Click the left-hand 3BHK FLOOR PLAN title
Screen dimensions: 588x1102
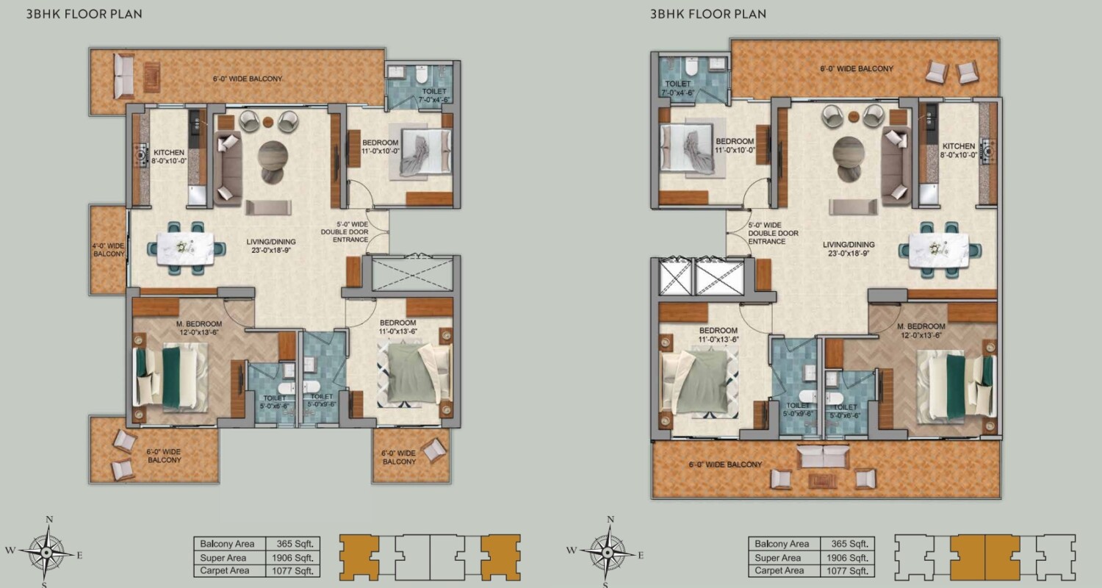coord(84,14)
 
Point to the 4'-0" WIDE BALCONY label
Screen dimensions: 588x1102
coord(108,249)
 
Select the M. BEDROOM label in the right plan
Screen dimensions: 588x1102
coord(920,330)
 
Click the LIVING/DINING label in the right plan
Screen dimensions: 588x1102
coord(849,248)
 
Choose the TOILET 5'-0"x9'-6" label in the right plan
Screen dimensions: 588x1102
coord(798,409)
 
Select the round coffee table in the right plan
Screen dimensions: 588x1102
coord(849,154)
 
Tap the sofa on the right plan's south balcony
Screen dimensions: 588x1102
coord(823,457)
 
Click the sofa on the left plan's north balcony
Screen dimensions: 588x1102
coord(123,76)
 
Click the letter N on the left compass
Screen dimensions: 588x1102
coord(49,520)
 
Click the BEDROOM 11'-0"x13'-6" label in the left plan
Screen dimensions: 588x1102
coord(398,327)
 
